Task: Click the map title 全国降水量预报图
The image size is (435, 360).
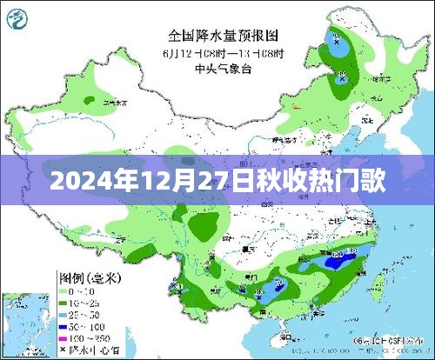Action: pos(224,36)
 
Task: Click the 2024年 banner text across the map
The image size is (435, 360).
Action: pos(217,182)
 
